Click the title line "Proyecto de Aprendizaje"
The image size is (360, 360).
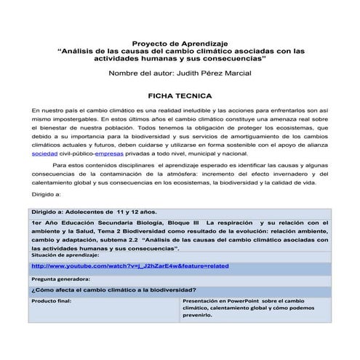(x=179, y=43)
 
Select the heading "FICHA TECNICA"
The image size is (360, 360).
(x=179, y=95)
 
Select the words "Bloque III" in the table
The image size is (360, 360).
(x=182, y=222)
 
